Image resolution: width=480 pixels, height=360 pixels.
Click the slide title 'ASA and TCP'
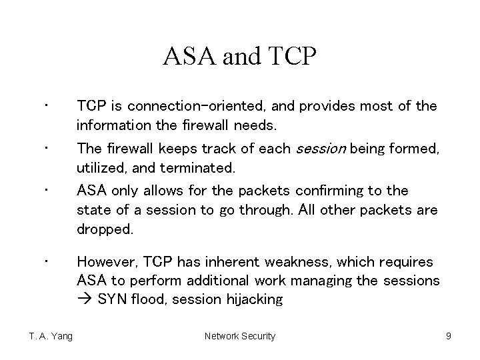(240, 57)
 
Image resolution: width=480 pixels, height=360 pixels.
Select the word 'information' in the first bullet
(107, 125)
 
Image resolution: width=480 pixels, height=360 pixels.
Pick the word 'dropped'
(105, 229)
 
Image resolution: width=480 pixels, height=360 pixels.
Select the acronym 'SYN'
(111, 300)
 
